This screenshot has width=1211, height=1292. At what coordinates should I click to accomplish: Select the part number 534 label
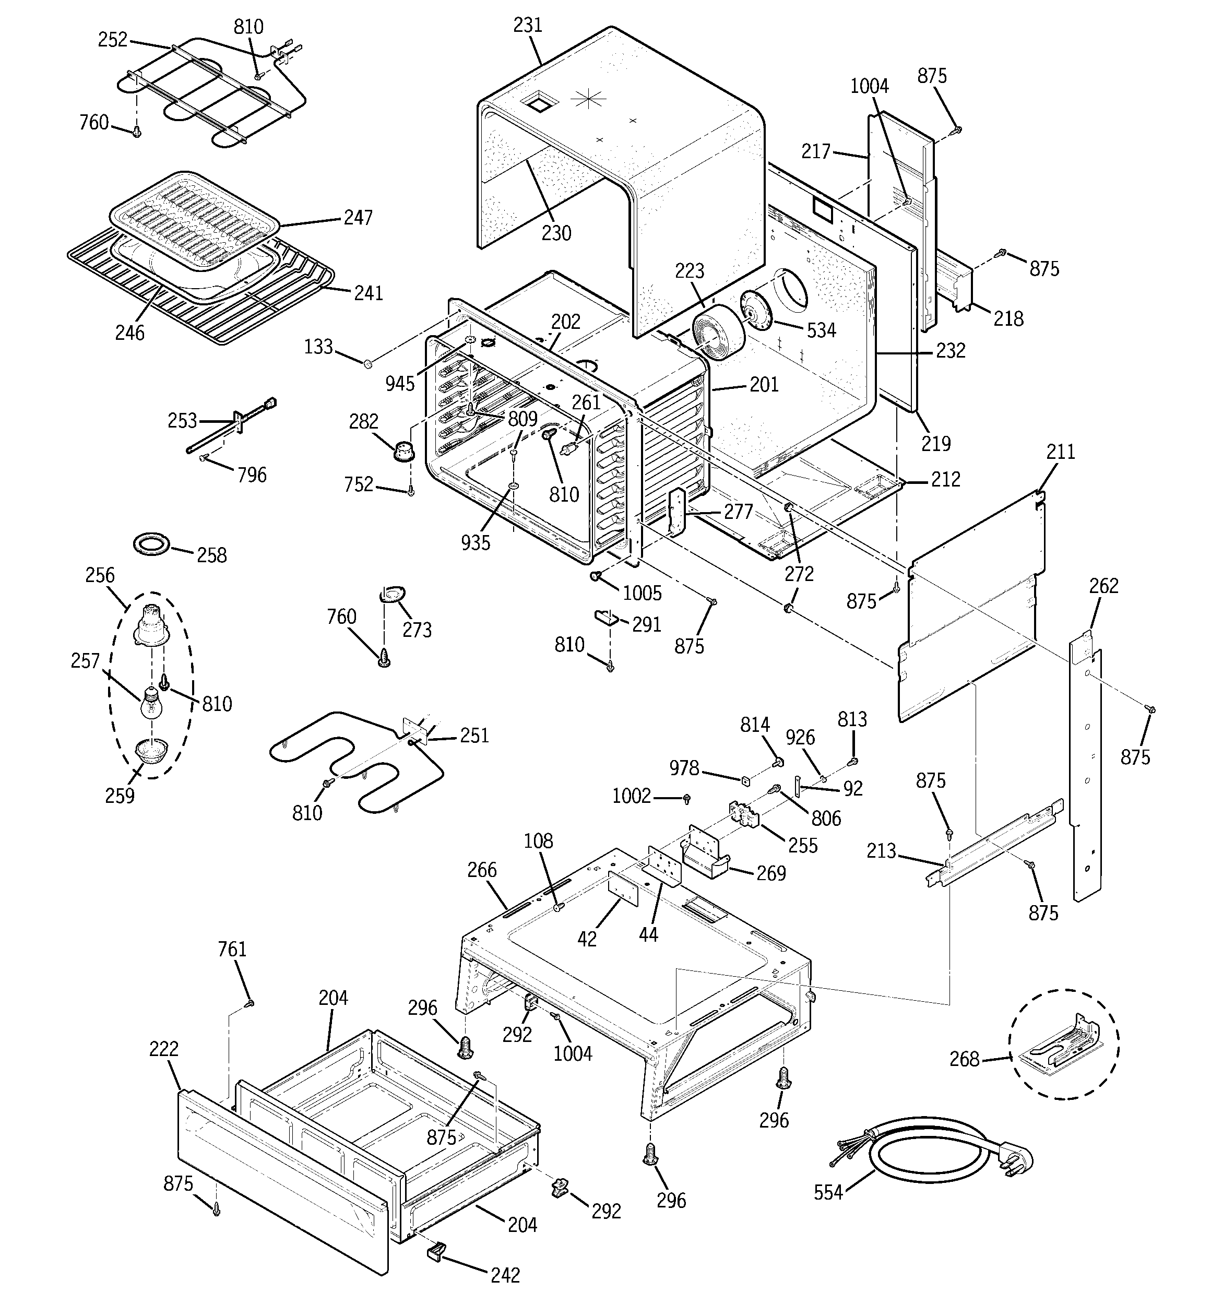pyautogui.click(x=821, y=330)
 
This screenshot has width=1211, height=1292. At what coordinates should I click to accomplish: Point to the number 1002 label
pyautogui.click(x=631, y=796)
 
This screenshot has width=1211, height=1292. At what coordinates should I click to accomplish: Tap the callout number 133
pyautogui.click(x=318, y=347)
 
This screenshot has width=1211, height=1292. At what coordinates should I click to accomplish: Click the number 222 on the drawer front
pyautogui.click(x=164, y=1049)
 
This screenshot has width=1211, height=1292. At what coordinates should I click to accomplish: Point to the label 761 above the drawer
pyautogui.click(x=232, y=950)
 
